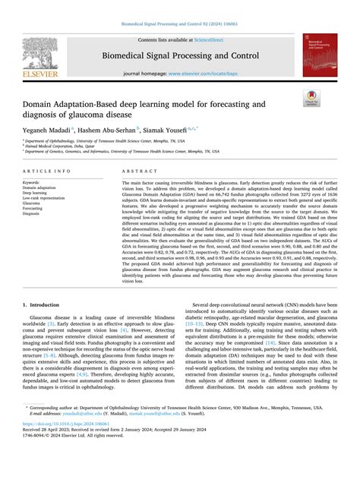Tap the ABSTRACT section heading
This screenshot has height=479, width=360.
(x=139, y=172)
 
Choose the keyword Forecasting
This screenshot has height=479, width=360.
(x=34, y=209)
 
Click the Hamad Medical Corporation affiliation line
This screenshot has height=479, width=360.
(x=53, y=146)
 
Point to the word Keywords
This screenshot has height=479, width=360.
(x=32, y=183)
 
